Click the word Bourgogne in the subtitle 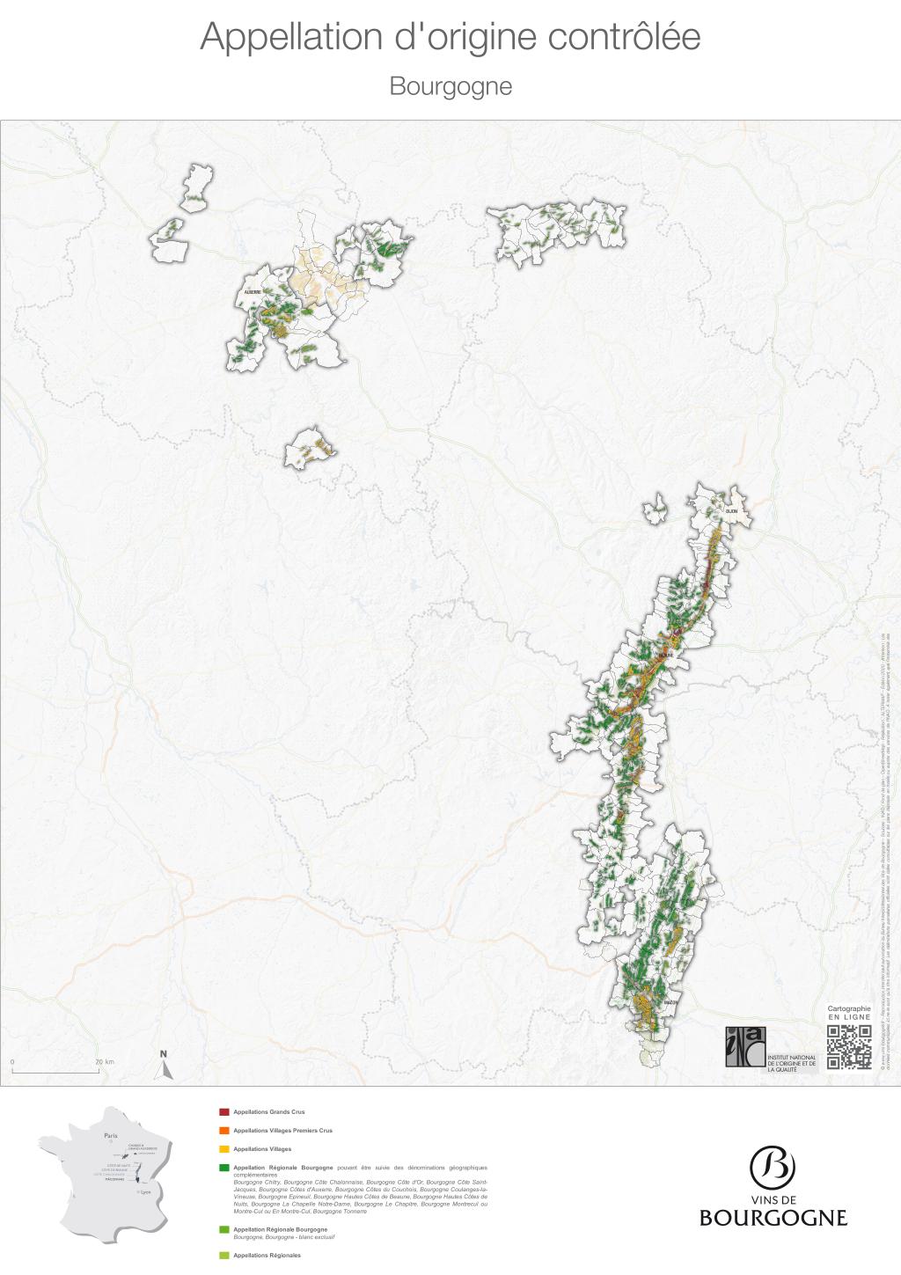pyautogui.click(x=450, y=86)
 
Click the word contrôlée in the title pyautogui.click(x=624, y=37)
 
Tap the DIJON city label pyautogui.click(x=731, y=511)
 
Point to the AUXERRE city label pyautogui.click(x=253, y=292)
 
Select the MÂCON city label pyautogui.click(x=670, y=1003)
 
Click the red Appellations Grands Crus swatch pyautogui.click(x=223, y=1112)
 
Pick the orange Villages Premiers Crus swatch pyautogui.click(x=223, y=1131)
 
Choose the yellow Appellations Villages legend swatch pyautogui.click(x=223, y=1149)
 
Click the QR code pyautogui.click(x=849, y=1046)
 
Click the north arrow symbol pyautogui.click(x=164, y=1067)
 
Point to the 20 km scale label pyautogui.click(x=105, y=1062)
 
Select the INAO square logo pyautogui.click(x=745, y=1046)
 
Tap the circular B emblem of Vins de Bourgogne pyautogui.click(x=773, y=1168)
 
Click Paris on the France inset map pyautogui.click(x=110, y=1136)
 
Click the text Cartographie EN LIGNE pyautogui.click(x=849, y=1013)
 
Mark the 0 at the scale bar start pyautogui.click(x=12, y=1062)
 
